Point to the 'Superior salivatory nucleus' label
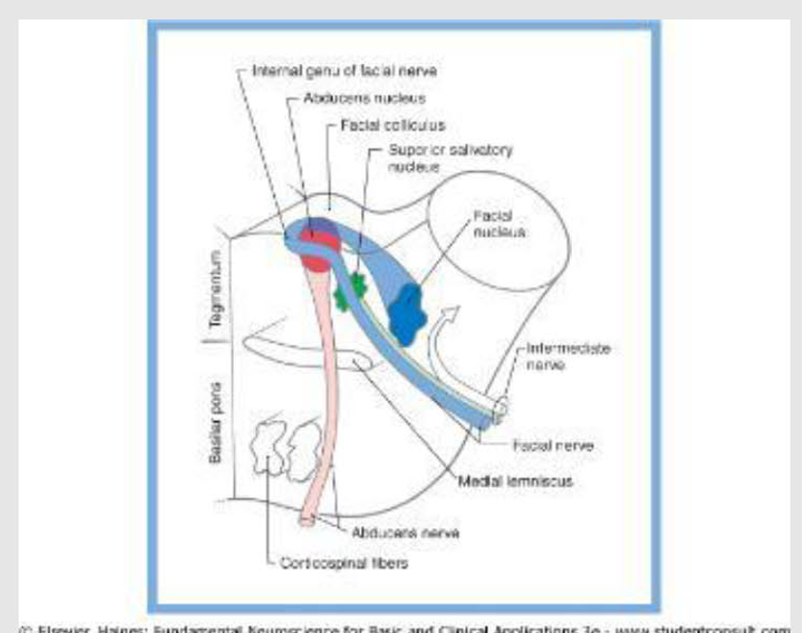[x=437, y=158]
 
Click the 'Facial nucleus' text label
[x=494, y=224]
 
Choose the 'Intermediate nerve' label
[x=567, y=356]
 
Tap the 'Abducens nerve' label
[x=392, y=533]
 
